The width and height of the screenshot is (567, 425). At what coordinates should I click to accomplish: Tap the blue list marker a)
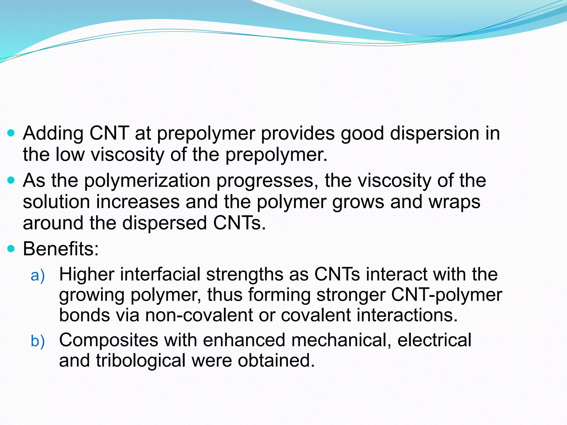(38, 276)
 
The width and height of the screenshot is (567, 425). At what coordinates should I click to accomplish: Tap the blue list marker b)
(38, 341)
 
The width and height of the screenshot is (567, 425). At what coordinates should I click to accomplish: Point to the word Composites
(109, 340)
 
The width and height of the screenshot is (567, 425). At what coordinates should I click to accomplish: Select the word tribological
(141, 361)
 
